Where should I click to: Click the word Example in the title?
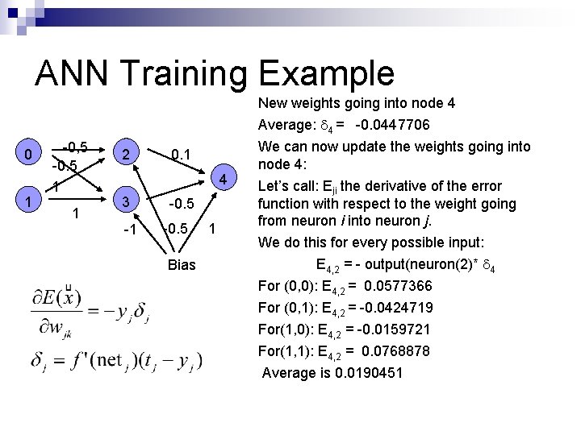[327, 74]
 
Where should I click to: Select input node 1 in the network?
[28, 201]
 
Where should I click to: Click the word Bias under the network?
[182, 265]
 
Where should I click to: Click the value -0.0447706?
[392, 126]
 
